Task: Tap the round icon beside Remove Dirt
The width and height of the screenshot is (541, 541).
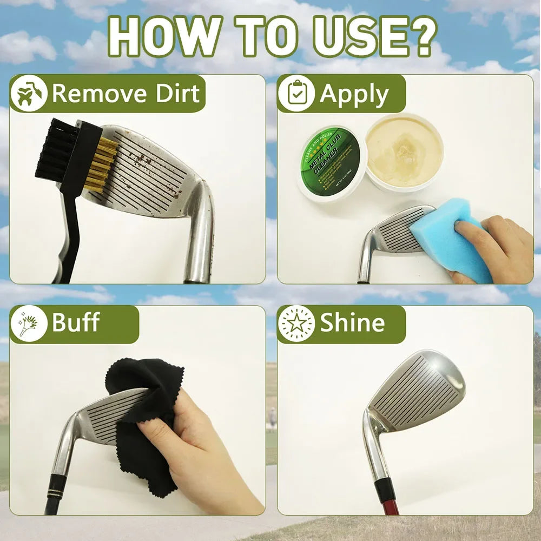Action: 29,94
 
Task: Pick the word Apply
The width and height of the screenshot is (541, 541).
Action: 354,95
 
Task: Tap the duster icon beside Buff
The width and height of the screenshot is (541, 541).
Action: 29,324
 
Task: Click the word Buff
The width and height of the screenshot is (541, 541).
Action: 76,323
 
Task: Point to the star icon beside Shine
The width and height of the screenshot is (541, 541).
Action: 296,324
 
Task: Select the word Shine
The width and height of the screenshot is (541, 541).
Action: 352,323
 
